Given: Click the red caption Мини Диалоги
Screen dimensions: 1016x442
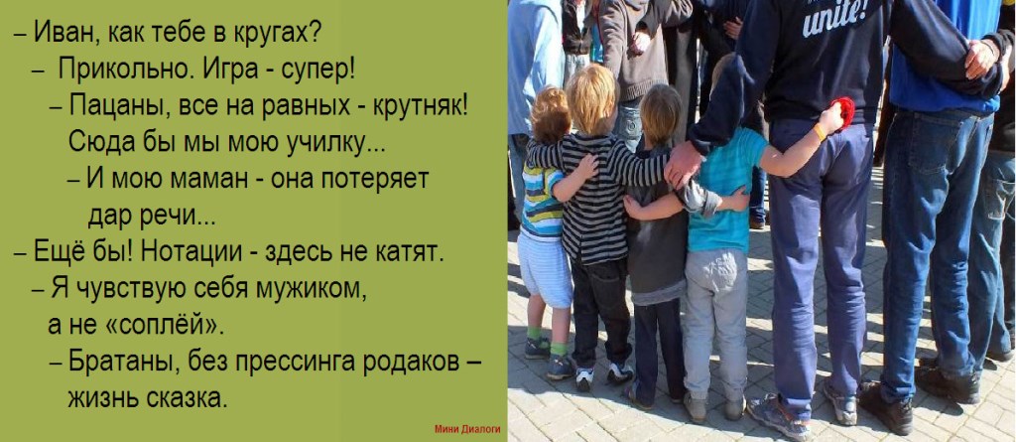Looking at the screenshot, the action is coord(467,429).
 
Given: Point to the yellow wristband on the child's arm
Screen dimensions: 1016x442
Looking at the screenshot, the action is coord(820,132).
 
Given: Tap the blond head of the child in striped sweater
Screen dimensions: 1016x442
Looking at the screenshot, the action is coord(591,97).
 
